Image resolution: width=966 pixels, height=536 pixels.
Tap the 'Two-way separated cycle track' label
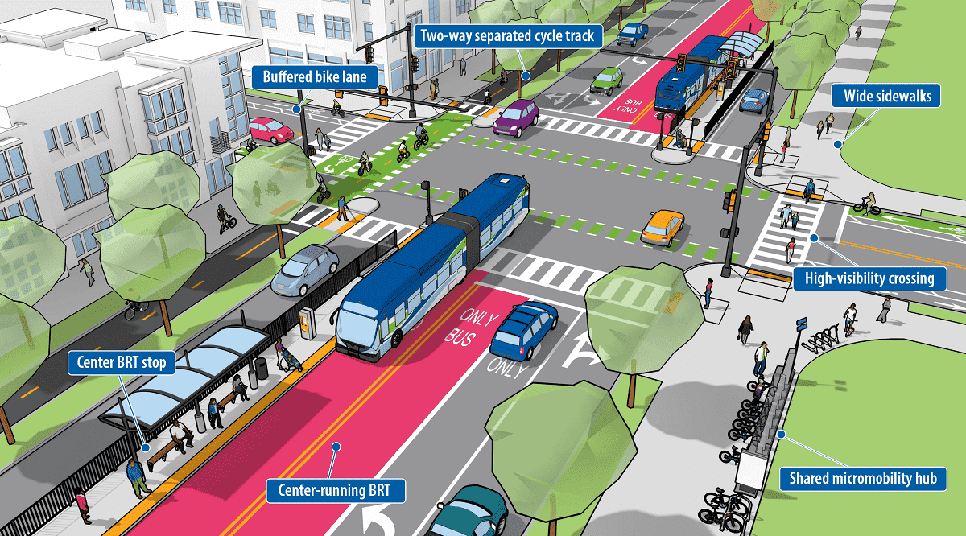(507, 35)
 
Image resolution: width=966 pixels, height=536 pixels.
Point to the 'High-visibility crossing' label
(864, 279)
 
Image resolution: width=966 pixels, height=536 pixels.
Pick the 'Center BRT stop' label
(122, 363)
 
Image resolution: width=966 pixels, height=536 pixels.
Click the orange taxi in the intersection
(663, 227)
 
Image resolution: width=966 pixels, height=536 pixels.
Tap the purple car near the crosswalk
(516, 117)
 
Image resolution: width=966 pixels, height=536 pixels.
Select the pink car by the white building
(271, 130)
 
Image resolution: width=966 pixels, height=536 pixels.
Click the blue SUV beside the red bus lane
(523, 328)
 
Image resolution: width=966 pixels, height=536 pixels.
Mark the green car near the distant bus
(606, 80)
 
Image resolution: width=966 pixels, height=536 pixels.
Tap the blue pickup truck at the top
(633, 32)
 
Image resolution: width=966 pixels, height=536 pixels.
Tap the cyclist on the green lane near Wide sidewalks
(866, 204)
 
